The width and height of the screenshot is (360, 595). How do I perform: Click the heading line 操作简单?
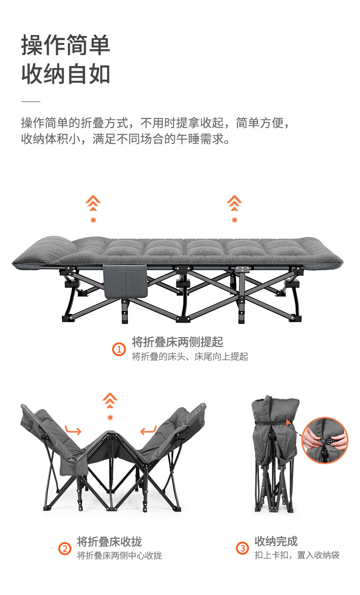point(66,45)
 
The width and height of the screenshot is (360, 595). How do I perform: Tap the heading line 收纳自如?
point(66,74)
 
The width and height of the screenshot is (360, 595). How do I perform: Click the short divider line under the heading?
point(31,101)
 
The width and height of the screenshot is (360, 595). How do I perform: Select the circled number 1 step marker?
point(119,349)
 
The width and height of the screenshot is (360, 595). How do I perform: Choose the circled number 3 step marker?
point(242,548)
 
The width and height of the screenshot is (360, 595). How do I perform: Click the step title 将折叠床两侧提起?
point(177,342)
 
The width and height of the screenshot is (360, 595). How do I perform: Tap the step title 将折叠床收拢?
point(109,542)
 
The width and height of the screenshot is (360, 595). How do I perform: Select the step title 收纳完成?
point(276,541)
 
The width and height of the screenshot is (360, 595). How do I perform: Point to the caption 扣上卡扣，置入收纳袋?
point(297,555)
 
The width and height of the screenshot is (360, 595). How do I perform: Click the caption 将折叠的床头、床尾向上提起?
point(190,356)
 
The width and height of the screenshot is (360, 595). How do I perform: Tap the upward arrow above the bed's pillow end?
point(93,203)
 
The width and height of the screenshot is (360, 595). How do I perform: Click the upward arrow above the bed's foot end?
point(234,203)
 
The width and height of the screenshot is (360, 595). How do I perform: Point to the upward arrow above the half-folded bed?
point(110,400)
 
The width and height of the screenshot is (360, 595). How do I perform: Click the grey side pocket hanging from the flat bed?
point(125,281)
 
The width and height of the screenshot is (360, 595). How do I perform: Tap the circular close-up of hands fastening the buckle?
point(324,441)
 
